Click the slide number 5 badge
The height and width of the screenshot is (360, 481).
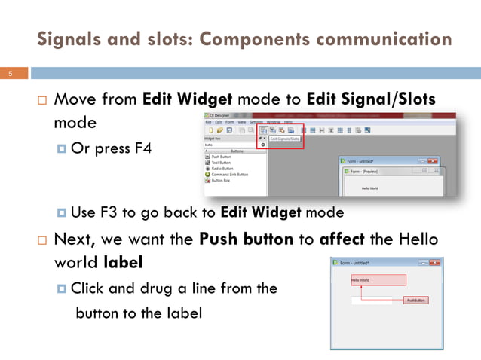(x=11, y=74)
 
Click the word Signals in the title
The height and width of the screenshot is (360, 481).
(x=69, y=38)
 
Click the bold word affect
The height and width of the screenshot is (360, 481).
(x=345, y=241)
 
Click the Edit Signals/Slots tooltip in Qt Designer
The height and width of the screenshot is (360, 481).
(x=284, y=139)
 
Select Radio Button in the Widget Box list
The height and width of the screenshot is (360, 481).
(x=223, y=169)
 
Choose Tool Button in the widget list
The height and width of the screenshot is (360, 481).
(x=221, y=163)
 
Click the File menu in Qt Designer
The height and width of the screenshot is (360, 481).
(x=208, y=121)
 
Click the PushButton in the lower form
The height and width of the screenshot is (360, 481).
(x=415, y=301)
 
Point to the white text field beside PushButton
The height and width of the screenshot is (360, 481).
(x=369, y=301)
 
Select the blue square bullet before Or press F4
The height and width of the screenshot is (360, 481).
(x=62, y=148)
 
